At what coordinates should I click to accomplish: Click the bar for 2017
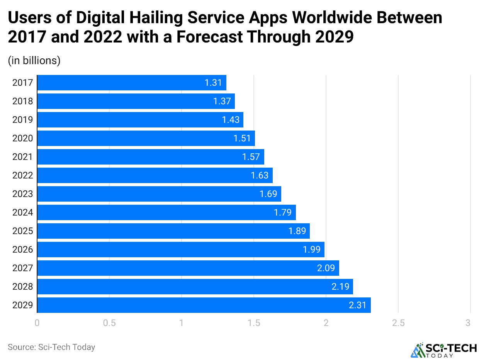[131, 83]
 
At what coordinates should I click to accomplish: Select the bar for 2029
[204, 305]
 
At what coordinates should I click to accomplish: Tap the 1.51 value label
[242, 138]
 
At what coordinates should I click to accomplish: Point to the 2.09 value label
[326, 268]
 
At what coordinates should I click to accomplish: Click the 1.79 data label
[283, 212]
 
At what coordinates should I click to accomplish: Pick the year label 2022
[22, 175]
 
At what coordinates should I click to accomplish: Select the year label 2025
[22, 231]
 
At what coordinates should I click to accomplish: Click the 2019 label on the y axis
[22, 120]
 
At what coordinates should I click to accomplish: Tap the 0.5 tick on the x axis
[109, 323]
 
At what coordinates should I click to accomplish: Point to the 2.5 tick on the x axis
[398, 323]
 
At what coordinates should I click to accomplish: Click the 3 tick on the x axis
[468, 323]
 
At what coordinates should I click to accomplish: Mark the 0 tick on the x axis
[37, 323]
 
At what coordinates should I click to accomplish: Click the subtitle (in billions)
[34, 61]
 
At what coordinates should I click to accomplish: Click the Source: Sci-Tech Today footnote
[51, 347]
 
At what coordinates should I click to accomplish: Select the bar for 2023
[159, 194]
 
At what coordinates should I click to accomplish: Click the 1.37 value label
[222, 101]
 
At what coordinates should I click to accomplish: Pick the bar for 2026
[180, 250]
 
